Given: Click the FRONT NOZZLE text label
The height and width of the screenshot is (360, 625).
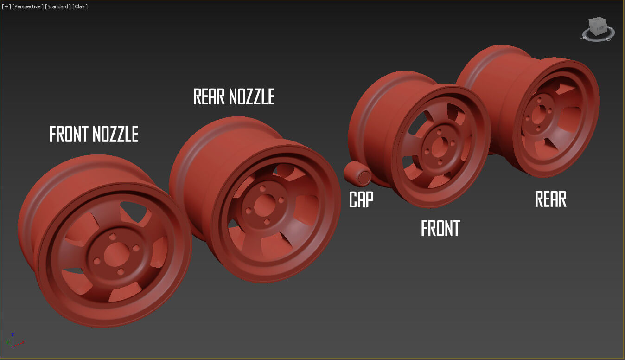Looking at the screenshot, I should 94,134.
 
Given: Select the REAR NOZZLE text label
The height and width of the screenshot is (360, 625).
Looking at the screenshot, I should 234,96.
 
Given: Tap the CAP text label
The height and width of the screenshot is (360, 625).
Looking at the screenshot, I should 361,199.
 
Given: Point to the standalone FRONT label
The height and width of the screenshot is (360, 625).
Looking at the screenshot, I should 440,228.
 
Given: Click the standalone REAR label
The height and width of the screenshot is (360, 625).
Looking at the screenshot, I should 550,199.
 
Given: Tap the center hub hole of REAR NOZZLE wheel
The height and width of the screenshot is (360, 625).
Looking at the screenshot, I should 264,205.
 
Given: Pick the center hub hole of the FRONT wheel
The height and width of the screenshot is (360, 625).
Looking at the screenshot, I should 438,147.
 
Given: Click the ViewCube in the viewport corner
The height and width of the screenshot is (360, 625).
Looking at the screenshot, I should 598,28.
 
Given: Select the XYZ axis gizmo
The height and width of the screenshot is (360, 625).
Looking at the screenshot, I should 14,341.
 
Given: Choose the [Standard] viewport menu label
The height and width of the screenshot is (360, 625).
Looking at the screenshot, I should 57,6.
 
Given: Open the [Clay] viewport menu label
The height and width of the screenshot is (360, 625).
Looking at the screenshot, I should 80,6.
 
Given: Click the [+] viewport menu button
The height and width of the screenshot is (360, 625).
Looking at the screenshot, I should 6,6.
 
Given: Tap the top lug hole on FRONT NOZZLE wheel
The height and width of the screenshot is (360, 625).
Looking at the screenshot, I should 112,237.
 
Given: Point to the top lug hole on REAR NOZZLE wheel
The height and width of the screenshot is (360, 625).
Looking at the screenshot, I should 263,189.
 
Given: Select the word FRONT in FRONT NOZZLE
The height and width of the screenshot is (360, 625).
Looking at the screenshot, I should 70,134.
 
